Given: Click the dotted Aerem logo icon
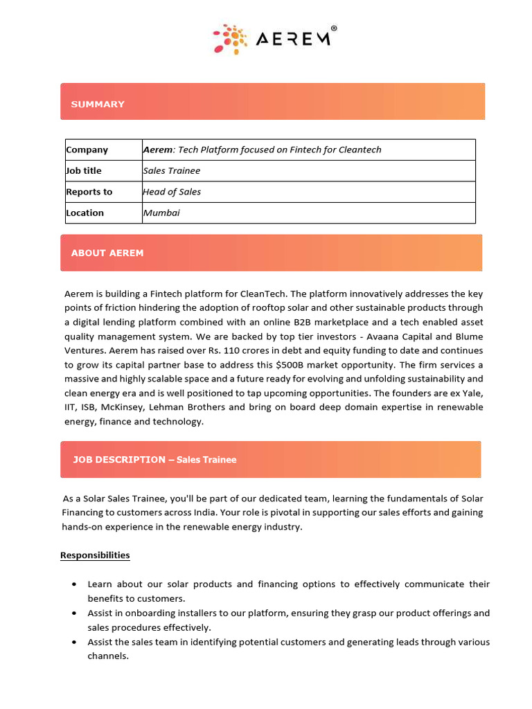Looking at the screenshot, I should pos(230,39).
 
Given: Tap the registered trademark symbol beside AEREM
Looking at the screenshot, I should pos(334,29).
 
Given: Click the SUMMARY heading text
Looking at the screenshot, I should pos(98,104).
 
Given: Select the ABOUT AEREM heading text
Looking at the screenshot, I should pos(107,253).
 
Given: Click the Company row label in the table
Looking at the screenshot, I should pos(87,150).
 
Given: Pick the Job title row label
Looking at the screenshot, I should pos(84,171).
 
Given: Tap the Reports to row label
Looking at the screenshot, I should pos(89,192).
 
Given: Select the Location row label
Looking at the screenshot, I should pos(85,213).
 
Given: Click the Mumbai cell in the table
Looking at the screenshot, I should pos(161,213).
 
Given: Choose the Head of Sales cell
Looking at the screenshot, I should pos(172,192).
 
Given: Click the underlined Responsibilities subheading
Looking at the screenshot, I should pos(95,555).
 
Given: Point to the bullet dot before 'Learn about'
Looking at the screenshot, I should pos(74,584).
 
